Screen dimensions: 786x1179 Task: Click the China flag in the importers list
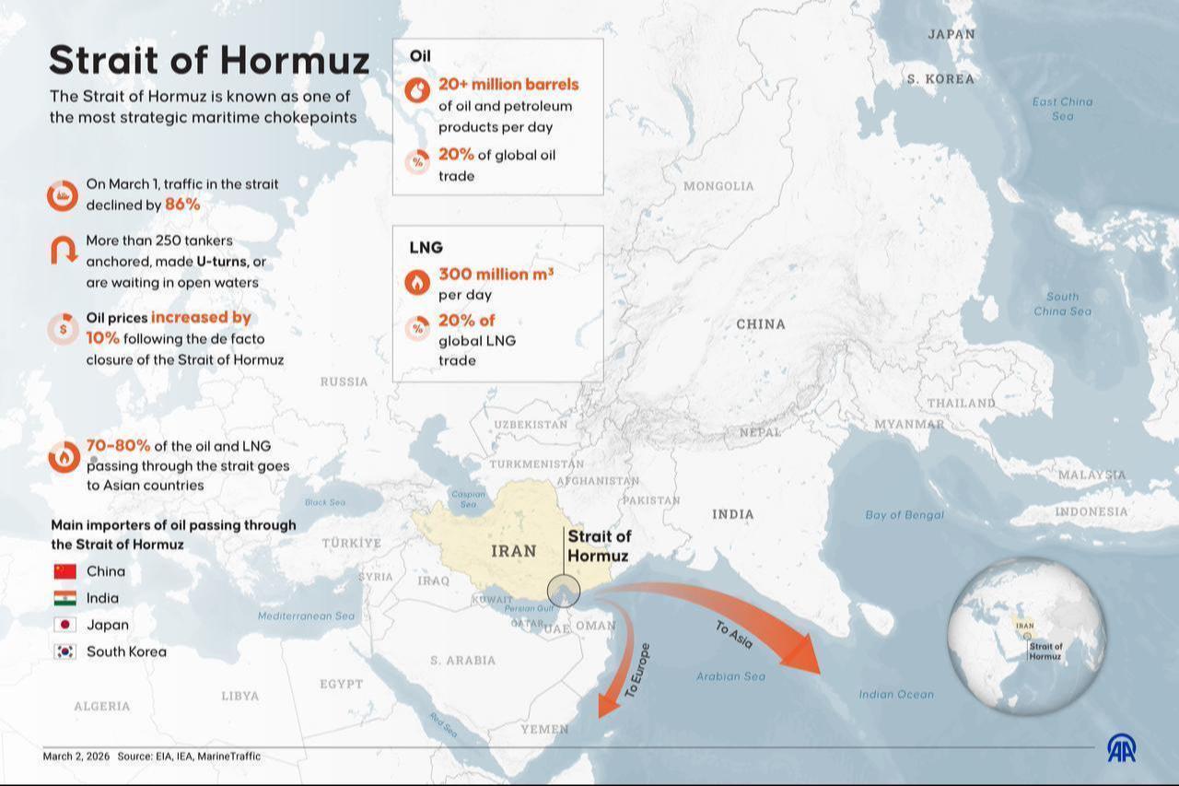(x=64, y=571)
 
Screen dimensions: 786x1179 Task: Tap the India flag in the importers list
(x=64, y=598)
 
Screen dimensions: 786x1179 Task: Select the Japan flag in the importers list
(x=64, y=625)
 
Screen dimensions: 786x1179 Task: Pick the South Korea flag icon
(x=64, y=651)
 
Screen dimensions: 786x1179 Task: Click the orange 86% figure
(x=182, y=205)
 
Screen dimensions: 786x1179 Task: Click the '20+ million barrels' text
(x=508, y=84)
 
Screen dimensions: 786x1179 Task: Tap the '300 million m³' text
(x=496, y=274)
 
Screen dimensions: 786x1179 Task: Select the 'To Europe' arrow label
(x=637, y=669)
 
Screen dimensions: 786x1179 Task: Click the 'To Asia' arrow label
(x=735, y=636)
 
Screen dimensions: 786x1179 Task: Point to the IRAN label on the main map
(x=513, y=551)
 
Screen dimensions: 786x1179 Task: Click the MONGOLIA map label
(x=718, y=186)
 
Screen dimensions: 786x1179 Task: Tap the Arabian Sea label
(x=730, y=676)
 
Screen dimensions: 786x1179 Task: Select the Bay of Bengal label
(x=905, y=515)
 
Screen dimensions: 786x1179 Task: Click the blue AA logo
(x=1121, y=748)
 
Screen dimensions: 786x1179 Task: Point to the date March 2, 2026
(x=76, y=757)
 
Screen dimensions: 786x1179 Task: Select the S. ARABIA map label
(x=462, y=660)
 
